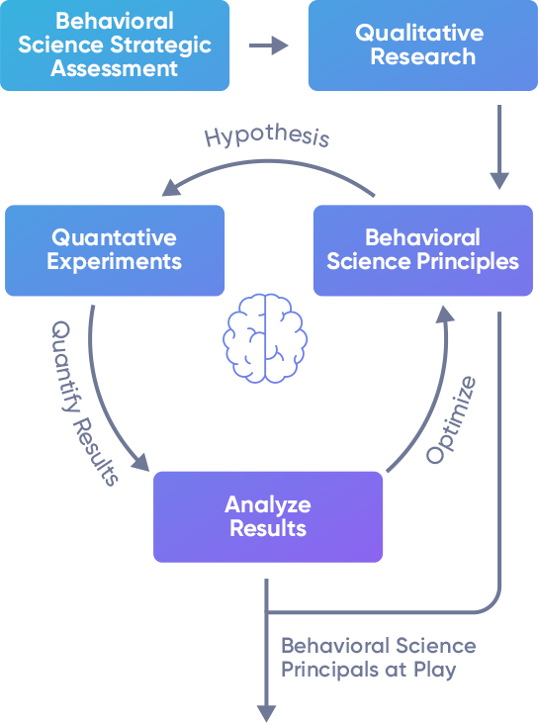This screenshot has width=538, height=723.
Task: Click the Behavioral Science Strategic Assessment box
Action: point(115,45)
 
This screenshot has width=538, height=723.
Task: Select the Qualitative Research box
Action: point(422,45)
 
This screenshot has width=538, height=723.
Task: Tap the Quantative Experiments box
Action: point(115,250)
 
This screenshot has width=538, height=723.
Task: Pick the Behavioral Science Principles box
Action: point(422,250)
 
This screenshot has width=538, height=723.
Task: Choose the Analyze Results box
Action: point(268,516)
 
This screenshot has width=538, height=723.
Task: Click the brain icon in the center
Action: point(265,338)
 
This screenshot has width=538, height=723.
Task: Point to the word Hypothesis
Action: point(267,136)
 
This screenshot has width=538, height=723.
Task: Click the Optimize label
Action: point(451,419)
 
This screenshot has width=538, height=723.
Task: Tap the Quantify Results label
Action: point(84,403)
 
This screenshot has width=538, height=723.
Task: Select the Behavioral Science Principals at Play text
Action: point(379,657)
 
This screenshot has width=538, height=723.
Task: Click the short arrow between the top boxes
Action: point(269,45)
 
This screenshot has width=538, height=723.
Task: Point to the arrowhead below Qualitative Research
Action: point(499,181)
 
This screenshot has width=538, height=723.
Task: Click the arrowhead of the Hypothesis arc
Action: point(171,188)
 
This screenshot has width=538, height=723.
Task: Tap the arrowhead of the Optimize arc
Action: point(445,314)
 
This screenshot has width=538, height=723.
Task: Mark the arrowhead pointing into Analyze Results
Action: point(140,463)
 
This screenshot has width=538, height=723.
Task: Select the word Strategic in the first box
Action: point(161,45)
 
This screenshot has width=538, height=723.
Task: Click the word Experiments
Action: point(115,262)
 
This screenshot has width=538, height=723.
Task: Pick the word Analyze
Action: point(268,504)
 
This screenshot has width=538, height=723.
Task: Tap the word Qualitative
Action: point(419,33)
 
